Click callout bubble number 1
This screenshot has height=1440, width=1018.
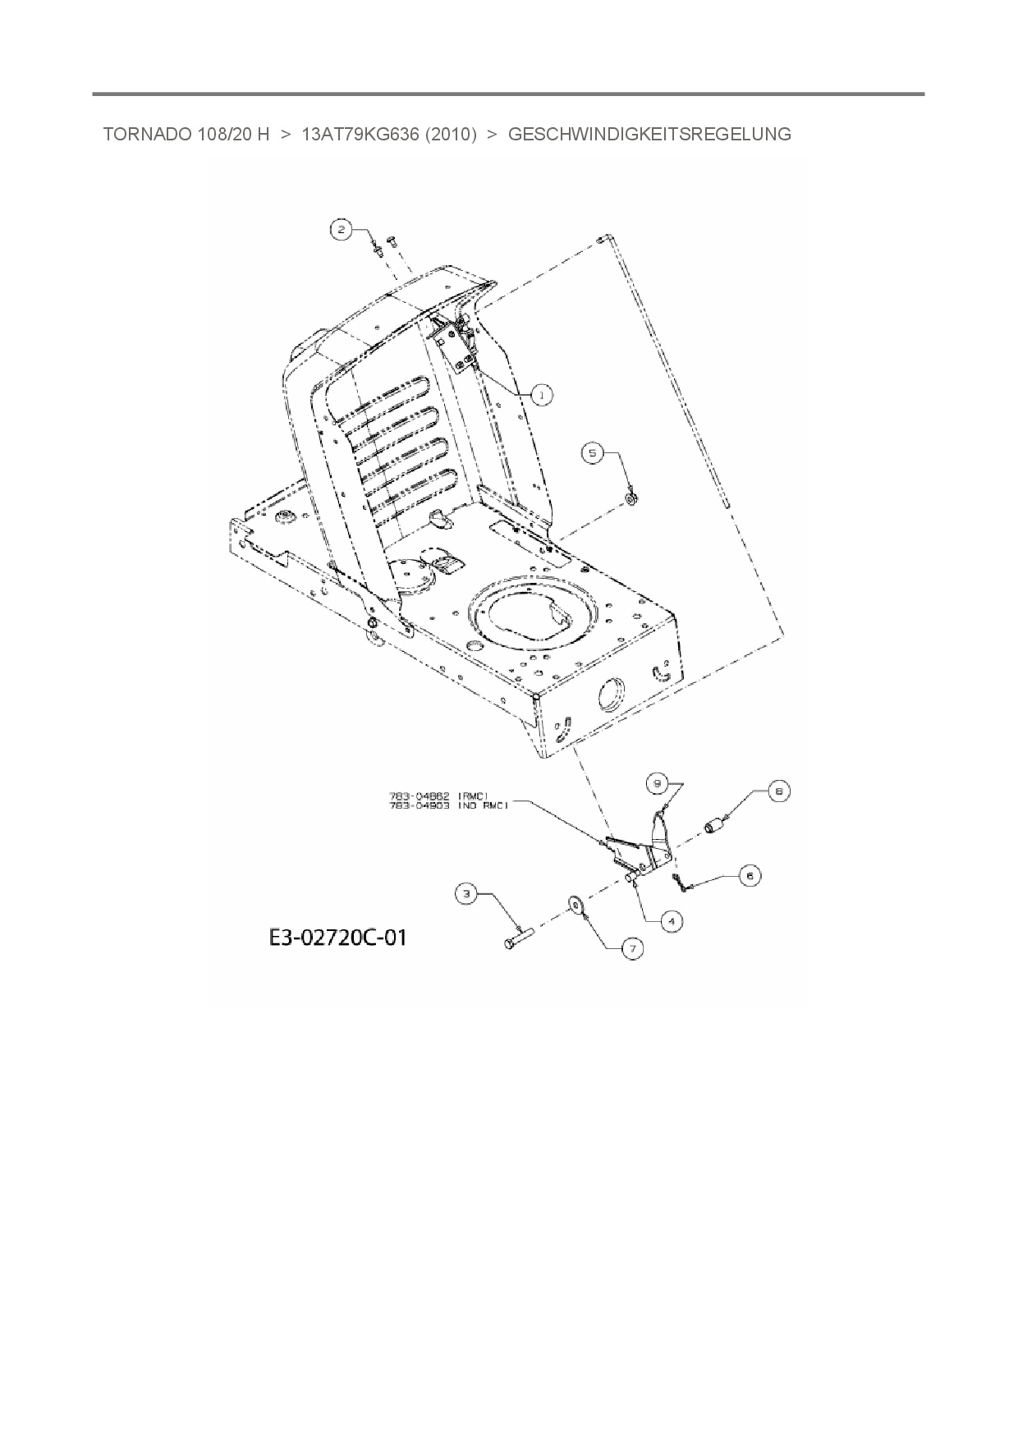coord(542,395)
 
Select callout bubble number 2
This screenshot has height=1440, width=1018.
coord(342,229)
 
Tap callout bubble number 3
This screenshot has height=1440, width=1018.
coord(466,894)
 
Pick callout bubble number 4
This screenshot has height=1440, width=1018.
coord(671,921)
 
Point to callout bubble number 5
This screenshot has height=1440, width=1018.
coord(594,452)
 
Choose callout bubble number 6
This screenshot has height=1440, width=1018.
coord(749,876)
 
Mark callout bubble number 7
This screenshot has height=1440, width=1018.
coord(631,949)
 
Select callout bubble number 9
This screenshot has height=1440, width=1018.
coord(657,783)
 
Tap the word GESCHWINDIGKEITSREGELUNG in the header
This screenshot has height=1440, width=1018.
coord(649,135)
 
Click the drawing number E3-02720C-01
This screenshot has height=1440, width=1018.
coord(337,937)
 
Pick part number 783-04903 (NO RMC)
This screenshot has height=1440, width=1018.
coord(448,805)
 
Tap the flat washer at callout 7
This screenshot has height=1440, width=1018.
coord(574,906)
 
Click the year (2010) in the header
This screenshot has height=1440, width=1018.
coord(451,135)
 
